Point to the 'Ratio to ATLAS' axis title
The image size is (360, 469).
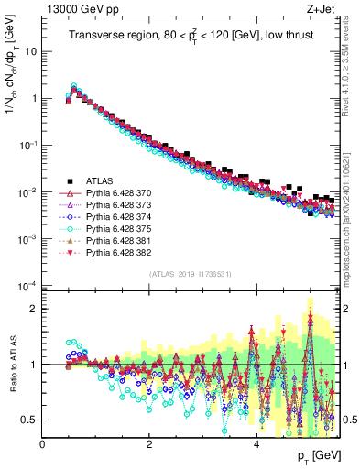point(12,364)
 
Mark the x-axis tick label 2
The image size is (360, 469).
point(149,444)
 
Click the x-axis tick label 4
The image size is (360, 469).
point(256,444)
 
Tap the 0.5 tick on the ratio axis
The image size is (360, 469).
point(30,420)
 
